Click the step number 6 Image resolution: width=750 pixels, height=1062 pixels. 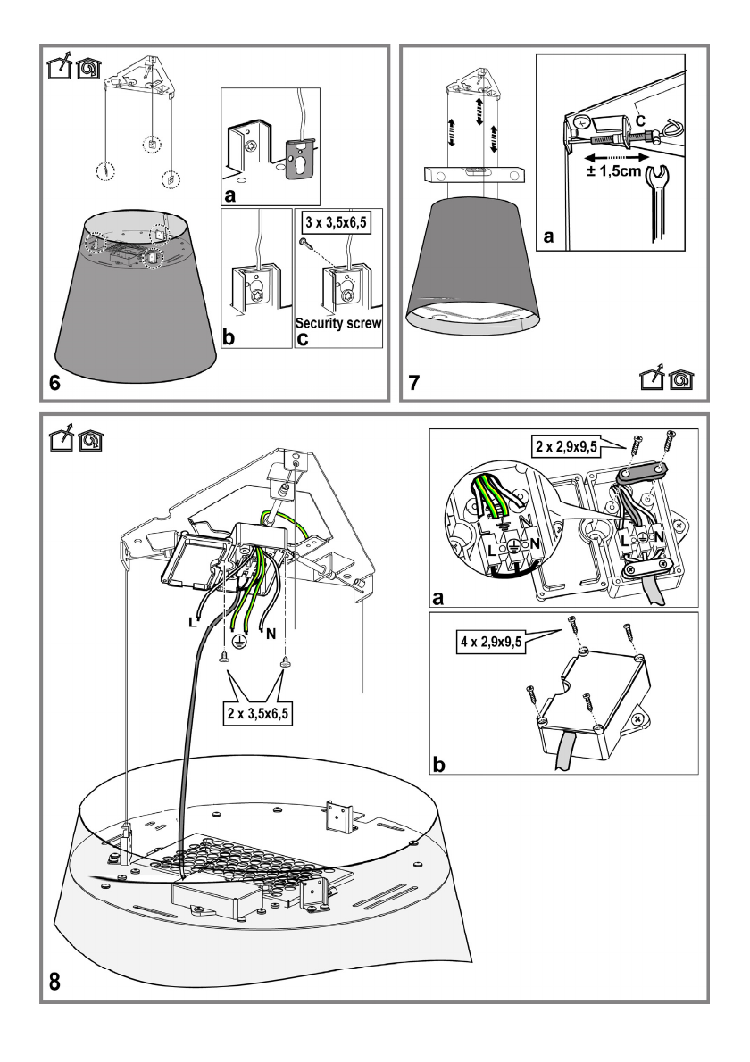[54, 383]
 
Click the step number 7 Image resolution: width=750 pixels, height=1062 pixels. [414, 383]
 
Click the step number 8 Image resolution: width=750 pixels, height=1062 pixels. [54, 981]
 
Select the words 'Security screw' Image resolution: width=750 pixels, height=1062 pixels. [338, 323]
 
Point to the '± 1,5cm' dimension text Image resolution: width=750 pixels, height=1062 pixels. [613, 170]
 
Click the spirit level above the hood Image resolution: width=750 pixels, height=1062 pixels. [473, 174]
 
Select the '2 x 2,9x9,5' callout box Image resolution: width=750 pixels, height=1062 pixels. [566, 446]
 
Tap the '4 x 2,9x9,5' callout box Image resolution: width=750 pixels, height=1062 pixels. [491, 642]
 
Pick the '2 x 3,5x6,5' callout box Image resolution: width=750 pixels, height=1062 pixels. [258, 713]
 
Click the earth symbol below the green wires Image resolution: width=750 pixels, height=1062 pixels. [238, 643]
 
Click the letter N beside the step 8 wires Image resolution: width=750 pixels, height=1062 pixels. [271, 634]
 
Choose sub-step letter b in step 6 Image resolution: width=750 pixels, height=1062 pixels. [229, 337]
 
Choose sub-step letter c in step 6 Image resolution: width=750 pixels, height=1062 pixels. [302, 338]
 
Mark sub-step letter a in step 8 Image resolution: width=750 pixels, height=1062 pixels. [438, 598]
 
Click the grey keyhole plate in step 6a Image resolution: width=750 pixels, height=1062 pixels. [299, 158]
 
